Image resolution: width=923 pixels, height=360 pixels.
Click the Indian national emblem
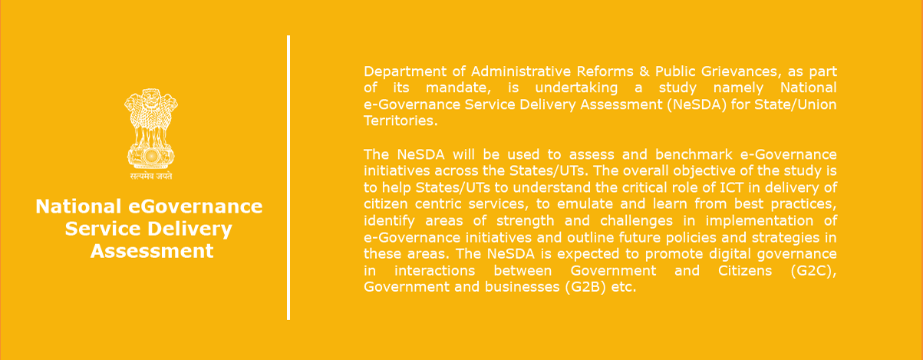(x=151, y=134)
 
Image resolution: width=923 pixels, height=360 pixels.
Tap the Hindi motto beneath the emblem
(x=151, y=176)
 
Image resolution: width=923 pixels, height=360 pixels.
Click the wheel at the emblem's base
(x=151, y=156)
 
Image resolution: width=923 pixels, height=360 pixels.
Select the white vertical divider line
(x=288, y=177)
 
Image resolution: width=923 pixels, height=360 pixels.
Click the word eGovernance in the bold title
(x=196, y=206)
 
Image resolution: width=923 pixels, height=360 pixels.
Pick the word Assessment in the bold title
(x=152, y=251)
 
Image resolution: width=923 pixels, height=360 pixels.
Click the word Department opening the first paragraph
(x=405, y=71)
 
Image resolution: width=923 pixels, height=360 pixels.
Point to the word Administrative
(x=519, y=71)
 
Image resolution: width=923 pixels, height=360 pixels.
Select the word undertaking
(x=576, y=88)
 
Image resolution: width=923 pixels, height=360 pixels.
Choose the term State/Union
(x=796, y=104)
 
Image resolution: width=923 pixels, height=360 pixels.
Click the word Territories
(x=401, y=121)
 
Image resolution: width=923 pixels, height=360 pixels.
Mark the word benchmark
(x=694, y=154)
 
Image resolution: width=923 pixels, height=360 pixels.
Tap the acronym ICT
(x=731, y=187)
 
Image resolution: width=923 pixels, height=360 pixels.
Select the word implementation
(x=760, y=221)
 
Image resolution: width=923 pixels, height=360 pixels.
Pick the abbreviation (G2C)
(x=813, y=271)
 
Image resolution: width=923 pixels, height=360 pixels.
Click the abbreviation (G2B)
(x=585, y=287)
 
